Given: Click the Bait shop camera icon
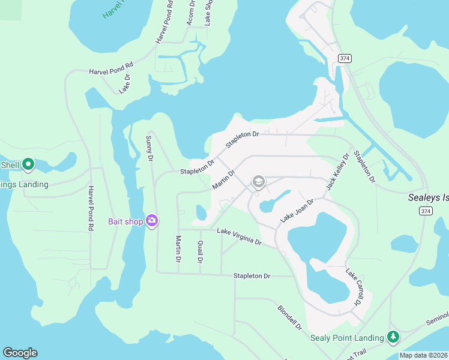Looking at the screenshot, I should [x=152, y=221].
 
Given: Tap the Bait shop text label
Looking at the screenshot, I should [x=125, y=222].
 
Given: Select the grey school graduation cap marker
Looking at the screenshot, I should [x=259, y=182].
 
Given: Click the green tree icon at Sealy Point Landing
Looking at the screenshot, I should [x=393, y=337].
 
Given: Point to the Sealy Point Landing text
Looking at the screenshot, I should [x=347, y=338].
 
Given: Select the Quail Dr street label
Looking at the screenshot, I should [x=200, y=252].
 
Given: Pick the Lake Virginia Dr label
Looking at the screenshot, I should [x=239, y=236].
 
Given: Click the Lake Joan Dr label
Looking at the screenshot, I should [x=297, y=212].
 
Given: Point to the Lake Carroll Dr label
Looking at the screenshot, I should [x=353, y=287].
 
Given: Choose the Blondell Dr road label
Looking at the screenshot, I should [x=289, y=318].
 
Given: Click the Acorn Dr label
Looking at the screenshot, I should [x=191, y=13].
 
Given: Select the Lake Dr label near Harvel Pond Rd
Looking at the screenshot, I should [x=124, y=83].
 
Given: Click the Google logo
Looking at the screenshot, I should [x=20, y=353].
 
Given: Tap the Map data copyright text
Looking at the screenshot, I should [x=423, y=355].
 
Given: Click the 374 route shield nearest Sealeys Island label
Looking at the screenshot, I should [x=426, y=211].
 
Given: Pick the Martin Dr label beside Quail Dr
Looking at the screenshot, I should [x=178, y=249].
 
